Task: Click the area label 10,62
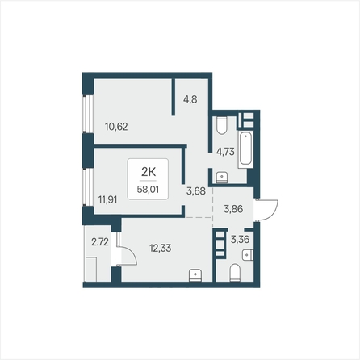(x=116, y=127)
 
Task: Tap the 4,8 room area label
(x=190, y=99)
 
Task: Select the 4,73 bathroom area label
(x=225, y=152)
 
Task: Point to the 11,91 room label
(x=107, y=200)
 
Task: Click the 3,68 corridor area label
(x=196, y=191)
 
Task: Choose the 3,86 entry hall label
(x=233, y=209)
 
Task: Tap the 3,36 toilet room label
(x=240, y=239)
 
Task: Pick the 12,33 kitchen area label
(x=161, y=248)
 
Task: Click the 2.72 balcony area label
(x=100, y=242)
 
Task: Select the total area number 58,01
(x=148, y=190)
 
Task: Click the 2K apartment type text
(x=149, y=172)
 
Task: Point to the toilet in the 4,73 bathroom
(x=222, y=125)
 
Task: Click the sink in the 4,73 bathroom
(x=222, y=178)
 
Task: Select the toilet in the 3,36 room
(x=235, y=273)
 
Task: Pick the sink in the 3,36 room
(x=248, y=255)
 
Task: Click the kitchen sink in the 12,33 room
(x=195, y=275)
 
